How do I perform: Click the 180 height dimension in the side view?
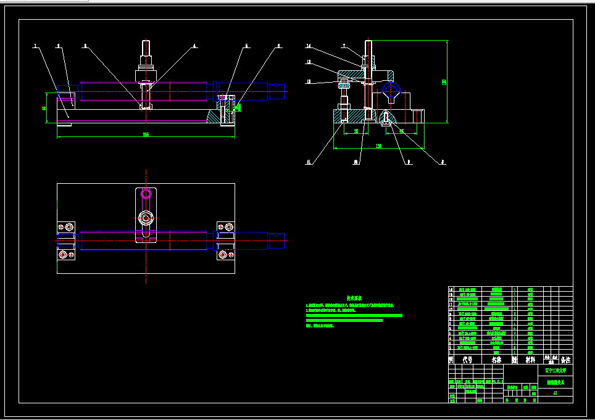pos(444,82)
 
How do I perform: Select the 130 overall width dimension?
pos(378,146)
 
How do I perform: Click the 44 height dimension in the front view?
pos(44,108)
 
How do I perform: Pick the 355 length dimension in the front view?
pos(146,134)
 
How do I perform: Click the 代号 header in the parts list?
pos(467,360)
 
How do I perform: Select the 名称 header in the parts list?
pos(496,360)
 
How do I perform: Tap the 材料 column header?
pos(530,360)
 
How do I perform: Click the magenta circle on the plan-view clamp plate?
pos(146,194)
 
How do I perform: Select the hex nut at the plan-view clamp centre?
pos(146,217)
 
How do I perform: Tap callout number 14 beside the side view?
pos(309,46)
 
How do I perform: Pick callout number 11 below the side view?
pos(309,162)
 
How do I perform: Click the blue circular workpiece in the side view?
pos(391,90)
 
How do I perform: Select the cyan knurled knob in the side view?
pos(344,85)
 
